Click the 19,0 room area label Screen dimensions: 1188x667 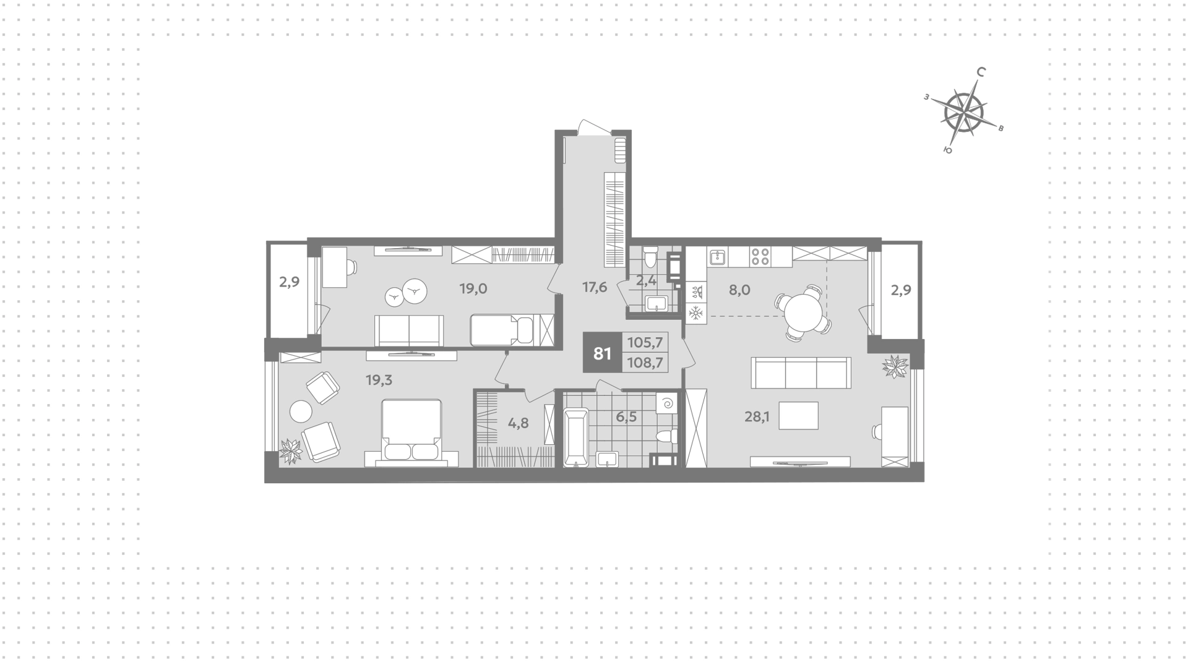pos(473,288)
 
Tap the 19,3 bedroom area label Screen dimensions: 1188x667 pos(379,380)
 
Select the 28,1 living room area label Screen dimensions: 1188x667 pos(757,417)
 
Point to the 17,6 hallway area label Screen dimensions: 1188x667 pos(595,287)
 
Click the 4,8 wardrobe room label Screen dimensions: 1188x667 pos(519,424)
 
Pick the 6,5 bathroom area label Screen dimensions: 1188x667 pos(626,417)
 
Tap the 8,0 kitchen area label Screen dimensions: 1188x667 pos(739,290)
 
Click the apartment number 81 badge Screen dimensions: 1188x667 pos(602,353)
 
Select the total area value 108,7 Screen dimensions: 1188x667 pos(645,363)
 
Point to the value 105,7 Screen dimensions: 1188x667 pos(645,342)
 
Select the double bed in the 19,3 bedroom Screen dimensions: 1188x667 pos(411,432)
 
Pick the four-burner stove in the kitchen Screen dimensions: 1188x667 pos(760,256)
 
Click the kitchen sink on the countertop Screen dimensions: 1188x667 pos(718,256)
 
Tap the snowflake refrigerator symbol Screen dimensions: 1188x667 pos(696,313)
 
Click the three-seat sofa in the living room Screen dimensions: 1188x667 pos(801,372)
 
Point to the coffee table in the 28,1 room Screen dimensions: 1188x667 pos(798,416)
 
